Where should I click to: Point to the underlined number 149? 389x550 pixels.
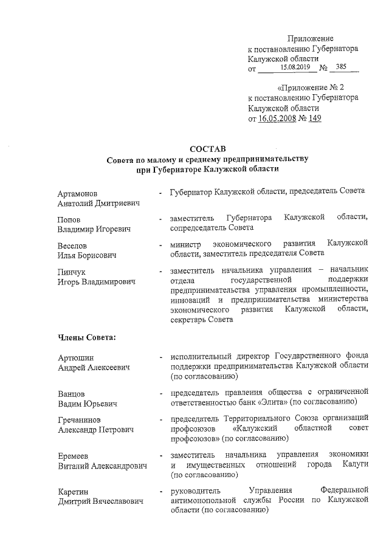coord(314,119)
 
